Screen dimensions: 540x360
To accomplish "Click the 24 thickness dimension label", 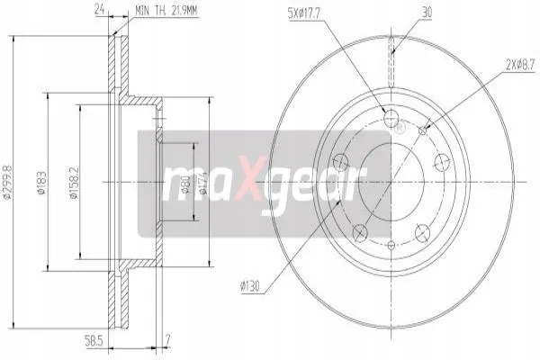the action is coord(99,10).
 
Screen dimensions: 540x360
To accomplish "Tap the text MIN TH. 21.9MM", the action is coord(166,11).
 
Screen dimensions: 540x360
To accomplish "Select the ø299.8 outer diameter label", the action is coord(7,182).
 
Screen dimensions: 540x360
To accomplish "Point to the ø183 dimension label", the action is coord(41,183).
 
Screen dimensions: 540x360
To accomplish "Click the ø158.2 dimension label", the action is coord(74,184).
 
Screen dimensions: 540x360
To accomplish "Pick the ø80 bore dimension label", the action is coord(185,184).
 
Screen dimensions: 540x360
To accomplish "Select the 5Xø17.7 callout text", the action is coord(304,13).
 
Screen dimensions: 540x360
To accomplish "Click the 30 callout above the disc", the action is coord(427,13).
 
